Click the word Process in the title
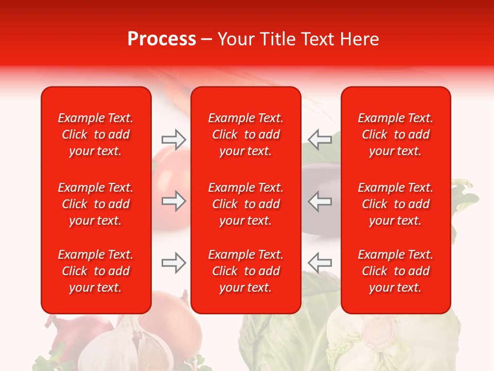[x=162, y=39]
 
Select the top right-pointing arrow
[x=173, y=139]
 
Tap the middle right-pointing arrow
[x=173, y=201]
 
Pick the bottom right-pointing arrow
[x=173, y=263]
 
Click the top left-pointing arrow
[x=320, y=139]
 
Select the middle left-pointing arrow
[x=320, y=201]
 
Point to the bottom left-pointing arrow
[x=320, y=263]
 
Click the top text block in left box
[x=96, y=134]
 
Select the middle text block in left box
[x=96, y=204]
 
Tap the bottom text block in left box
[x=96, y=271]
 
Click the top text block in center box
[x=245, y=134]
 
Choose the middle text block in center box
[x=245, y=204]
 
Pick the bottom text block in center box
[x=245, y=271]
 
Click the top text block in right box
[x=395, y=134]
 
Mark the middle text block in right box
[x=395, y=204]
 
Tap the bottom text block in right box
[x=395, y=271]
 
